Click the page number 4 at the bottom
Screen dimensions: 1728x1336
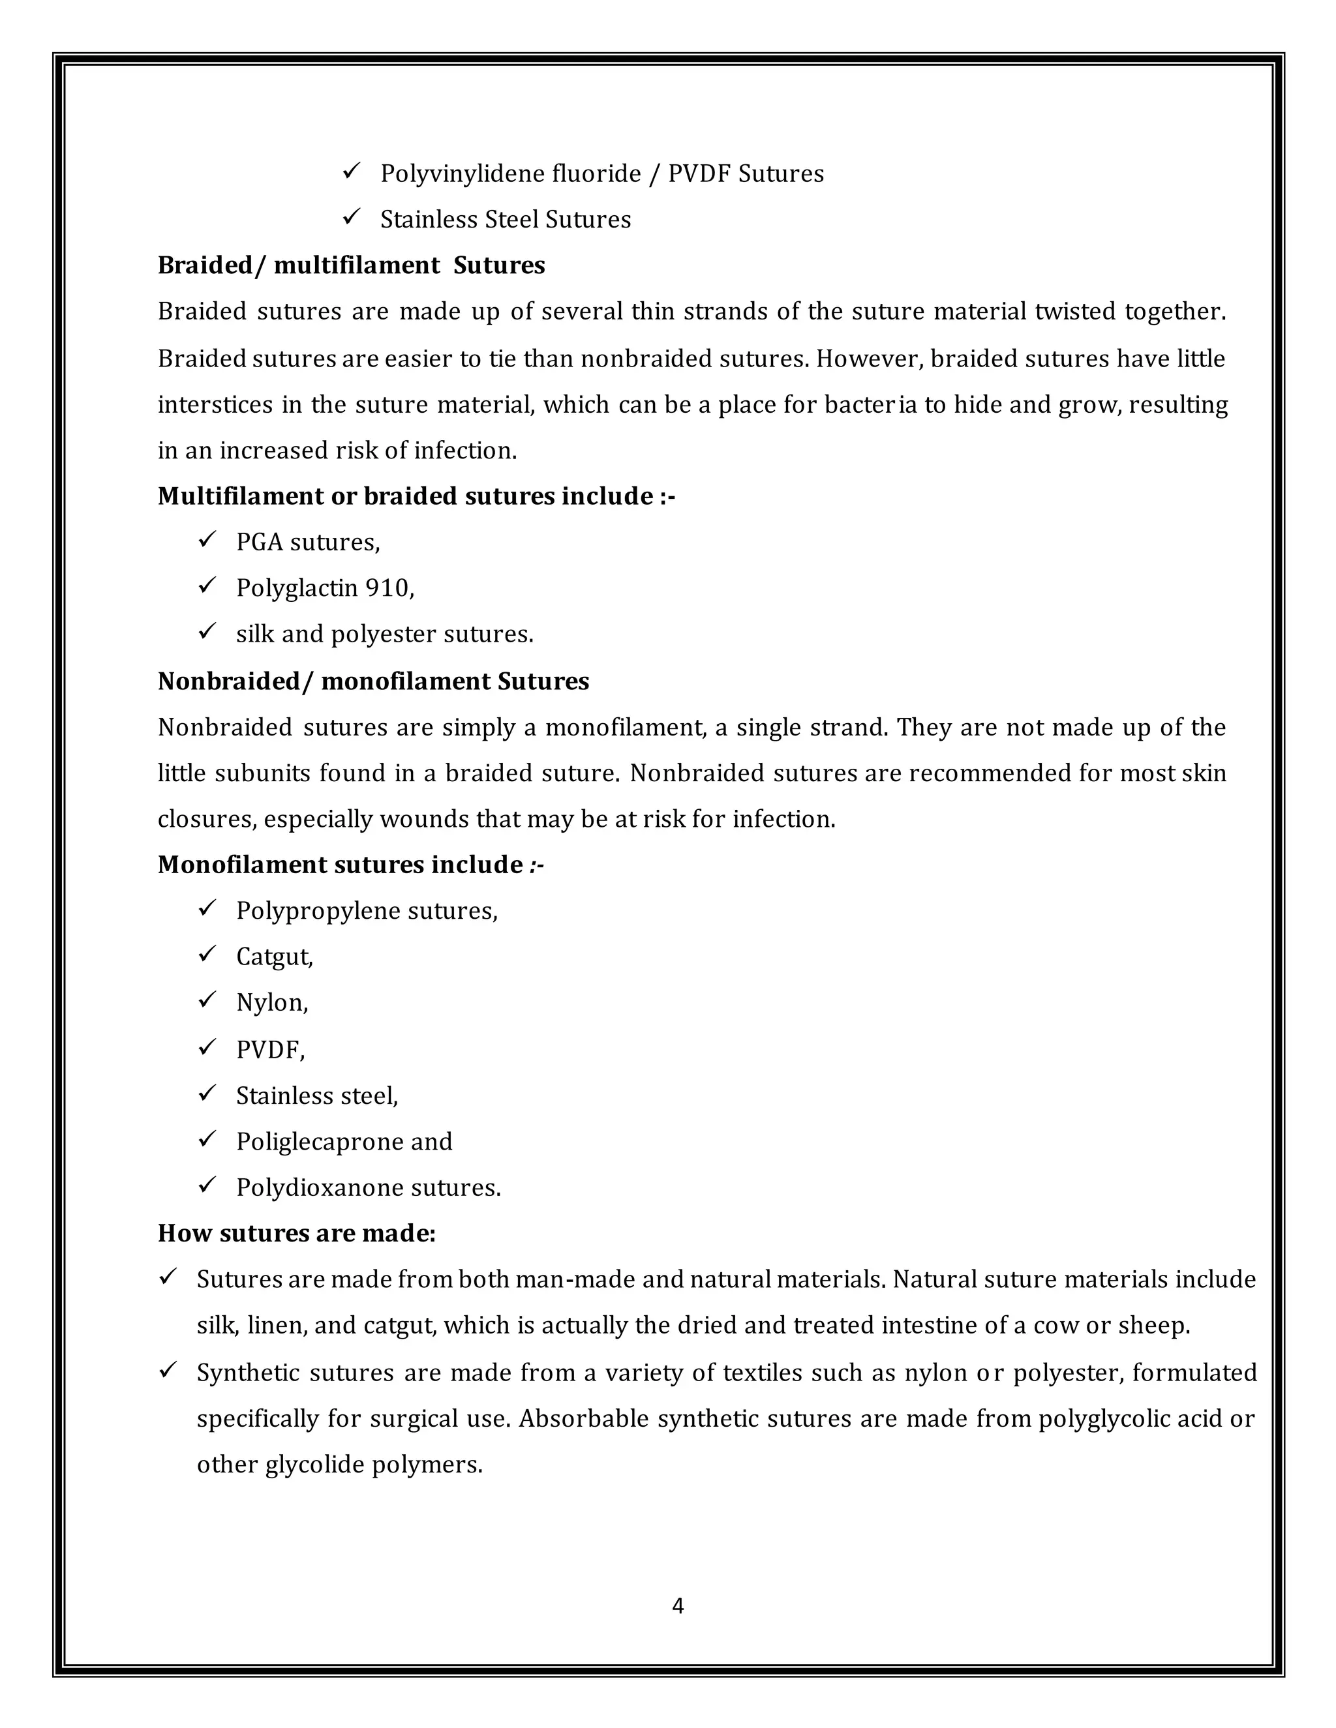point(678,1605)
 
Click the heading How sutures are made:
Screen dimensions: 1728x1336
point(297,1234)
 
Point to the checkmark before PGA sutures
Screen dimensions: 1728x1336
point(207,541)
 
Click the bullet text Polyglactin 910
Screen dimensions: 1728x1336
point(324,588)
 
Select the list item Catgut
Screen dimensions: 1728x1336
point(274,957)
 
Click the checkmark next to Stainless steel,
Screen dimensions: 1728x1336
point(207,1094)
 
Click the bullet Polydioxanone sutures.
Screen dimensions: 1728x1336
point(368,1187)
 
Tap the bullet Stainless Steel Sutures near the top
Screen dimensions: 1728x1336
point(505,219)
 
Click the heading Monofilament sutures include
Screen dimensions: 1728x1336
point(350,865)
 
